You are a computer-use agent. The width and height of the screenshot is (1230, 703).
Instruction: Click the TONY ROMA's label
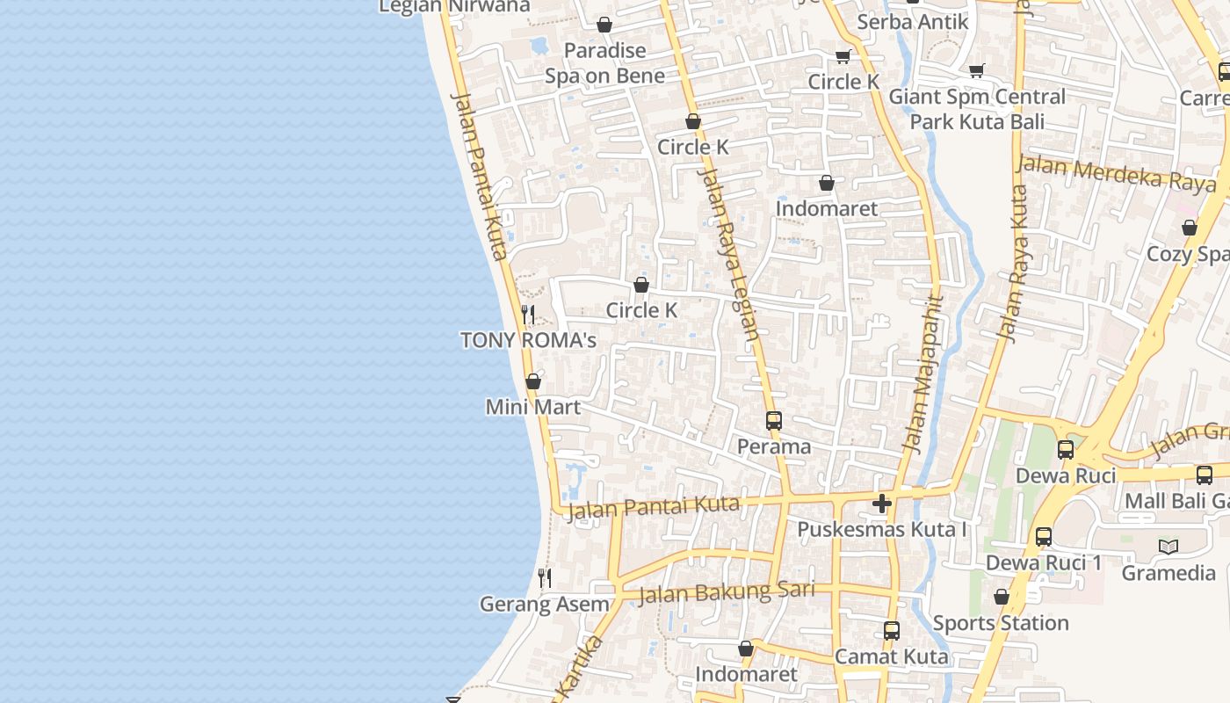[528, 340]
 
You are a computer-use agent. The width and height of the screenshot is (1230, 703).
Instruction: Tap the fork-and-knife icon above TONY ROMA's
[528, 314]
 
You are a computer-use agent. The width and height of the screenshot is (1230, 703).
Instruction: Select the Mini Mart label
[533, 408]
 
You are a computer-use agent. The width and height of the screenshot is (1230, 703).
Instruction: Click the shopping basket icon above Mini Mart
[533, 381]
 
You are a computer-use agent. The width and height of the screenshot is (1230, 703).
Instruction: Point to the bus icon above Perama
[773, 421]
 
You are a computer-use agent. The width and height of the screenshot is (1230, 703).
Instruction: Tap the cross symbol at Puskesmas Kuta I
[882, 504]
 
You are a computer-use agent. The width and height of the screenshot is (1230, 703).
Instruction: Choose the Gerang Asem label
[544, 605]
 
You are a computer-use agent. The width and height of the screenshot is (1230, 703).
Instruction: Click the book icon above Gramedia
[1168, 547]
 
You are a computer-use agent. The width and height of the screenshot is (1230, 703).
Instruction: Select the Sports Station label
[1001, 623]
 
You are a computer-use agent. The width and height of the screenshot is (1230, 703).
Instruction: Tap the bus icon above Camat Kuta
[891, 630]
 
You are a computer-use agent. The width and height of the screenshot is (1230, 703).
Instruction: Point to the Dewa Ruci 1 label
[1044, 562]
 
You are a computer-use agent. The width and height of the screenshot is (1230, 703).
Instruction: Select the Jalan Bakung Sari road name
[727, 593]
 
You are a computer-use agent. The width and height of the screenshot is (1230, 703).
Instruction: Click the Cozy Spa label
[1189, 254]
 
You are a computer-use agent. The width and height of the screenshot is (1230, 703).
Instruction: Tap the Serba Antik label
[912, 22]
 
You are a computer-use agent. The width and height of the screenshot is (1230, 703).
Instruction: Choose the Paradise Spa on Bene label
[604, 63]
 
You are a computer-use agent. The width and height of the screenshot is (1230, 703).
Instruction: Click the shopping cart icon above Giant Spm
[976, 70]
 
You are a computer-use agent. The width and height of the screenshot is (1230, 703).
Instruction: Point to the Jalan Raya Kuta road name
[1012, 264]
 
